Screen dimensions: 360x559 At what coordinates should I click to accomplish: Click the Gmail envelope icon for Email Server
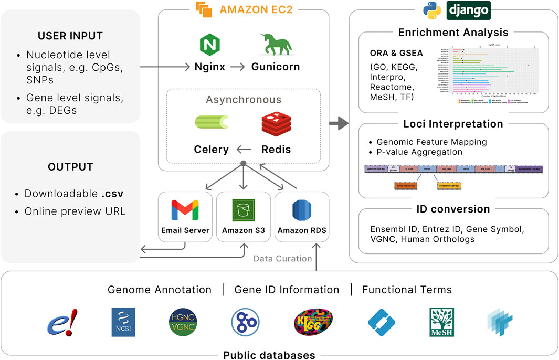(185, 210)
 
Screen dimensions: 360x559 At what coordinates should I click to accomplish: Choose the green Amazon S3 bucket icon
(243, 210)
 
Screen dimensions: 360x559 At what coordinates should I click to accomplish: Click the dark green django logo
(468, 9)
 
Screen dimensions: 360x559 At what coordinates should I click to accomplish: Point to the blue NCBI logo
(123, 322)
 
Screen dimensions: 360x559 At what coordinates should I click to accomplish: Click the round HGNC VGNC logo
(182, 322)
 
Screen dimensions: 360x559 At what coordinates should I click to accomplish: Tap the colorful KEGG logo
(313, 322)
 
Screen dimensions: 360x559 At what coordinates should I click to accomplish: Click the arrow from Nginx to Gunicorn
(239, 67)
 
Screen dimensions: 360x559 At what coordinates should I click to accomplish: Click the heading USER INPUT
(70, 36)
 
